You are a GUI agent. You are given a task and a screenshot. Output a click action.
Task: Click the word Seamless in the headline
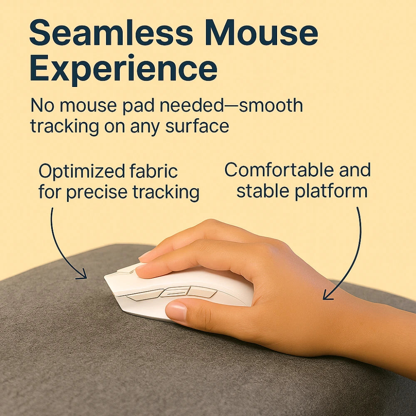point(111,32)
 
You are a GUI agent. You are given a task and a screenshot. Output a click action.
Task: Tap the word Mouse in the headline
point(261,32)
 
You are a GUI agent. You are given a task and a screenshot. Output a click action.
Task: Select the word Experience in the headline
point(124,69)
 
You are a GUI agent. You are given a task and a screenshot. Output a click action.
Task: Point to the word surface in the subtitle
point(197,126)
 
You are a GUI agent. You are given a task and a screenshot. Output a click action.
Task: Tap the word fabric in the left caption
point(154,171)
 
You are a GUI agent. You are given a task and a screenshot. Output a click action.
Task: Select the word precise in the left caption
point(97,193)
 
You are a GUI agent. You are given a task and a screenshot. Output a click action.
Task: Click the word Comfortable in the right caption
point(279,170)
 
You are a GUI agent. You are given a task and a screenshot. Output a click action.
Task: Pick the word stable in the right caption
point(262,191)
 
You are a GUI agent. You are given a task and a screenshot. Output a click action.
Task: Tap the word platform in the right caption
point(331,191)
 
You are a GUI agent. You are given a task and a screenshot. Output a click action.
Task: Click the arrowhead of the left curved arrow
point(82,275)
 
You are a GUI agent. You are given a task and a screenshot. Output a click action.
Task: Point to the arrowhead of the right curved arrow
point(328,295)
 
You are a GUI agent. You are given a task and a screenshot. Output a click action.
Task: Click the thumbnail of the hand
point(176,311)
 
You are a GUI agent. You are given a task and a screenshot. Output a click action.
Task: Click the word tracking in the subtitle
point(65,126)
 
